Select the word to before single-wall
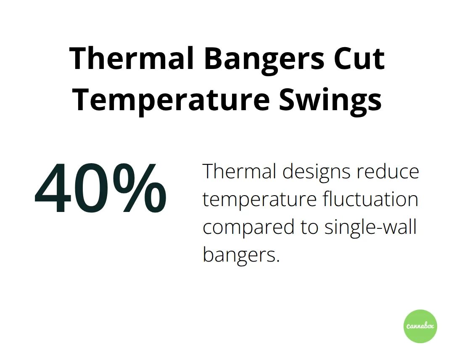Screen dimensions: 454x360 (309, 228)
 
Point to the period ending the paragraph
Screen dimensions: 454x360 (277, 261)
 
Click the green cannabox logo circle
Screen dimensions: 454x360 (420, 326)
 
